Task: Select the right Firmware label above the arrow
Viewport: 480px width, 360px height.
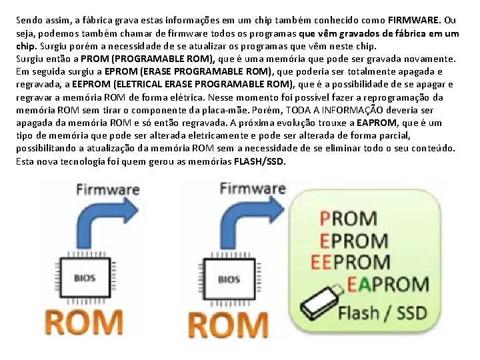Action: coord(253,189)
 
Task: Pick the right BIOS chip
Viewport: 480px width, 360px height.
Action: coord(228,279)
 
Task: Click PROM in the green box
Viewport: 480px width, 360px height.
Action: coord(349,218)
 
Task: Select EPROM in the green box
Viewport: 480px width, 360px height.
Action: coord(354,240)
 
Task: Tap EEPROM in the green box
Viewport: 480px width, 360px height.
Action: coord(351,262)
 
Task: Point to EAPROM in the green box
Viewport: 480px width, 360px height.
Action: coord(388,285)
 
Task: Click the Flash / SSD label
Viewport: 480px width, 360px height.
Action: coord(382,311)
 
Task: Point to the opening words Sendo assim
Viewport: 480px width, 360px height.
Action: coord(39,20)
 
